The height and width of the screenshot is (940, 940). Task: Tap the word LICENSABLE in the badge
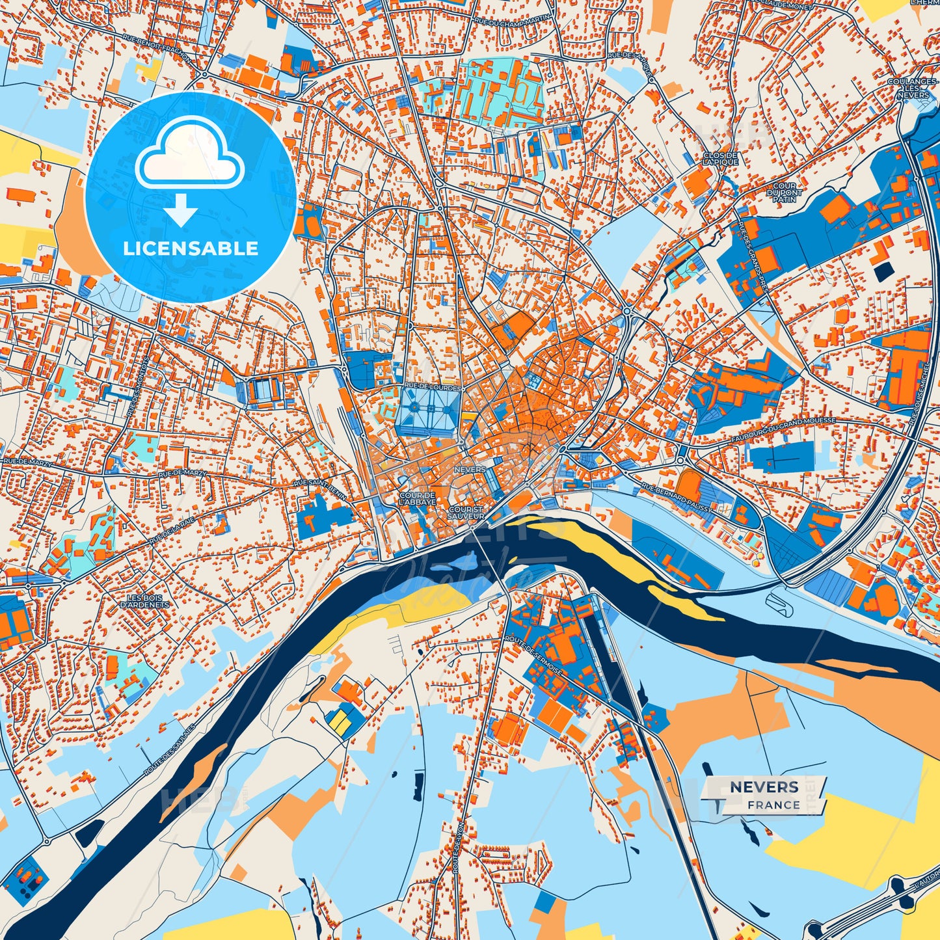(191, 248)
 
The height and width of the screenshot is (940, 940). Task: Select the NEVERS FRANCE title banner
(764, 795)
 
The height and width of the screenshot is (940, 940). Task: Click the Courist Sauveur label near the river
(466, 513)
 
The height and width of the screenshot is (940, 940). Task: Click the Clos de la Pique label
(721, 158)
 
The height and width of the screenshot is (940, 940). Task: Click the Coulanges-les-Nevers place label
(913, 88)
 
